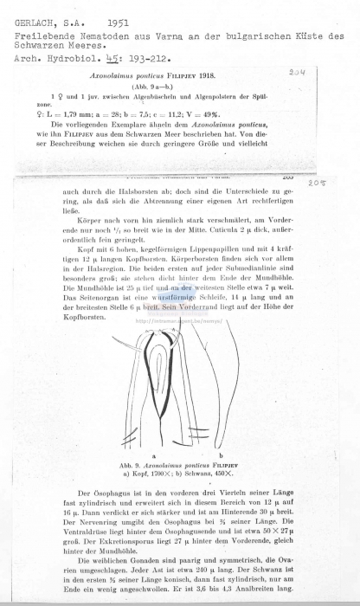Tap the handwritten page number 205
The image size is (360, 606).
[x=339, y=184]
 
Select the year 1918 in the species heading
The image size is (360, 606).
[x=235, y=77]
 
